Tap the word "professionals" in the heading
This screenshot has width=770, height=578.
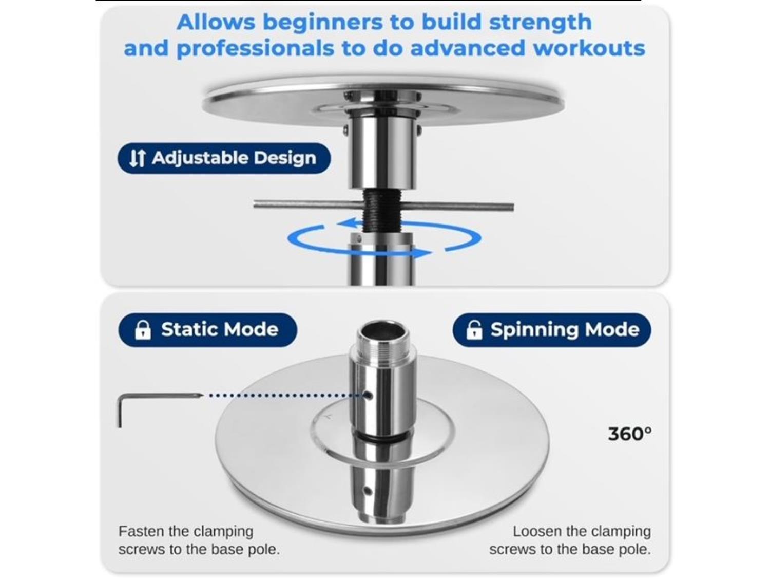pyautogui.click(x=255, y=48)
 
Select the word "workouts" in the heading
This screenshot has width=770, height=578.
pyautogui.click(x=589, y=48)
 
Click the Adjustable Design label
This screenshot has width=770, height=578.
pyautogui.click(x=224, y=158)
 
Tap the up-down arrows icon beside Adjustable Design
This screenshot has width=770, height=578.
pyautogui.click(x=137, y=158)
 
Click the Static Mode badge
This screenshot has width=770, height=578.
pyautogui.click(x=208, y=330)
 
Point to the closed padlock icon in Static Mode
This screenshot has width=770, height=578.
pyautogui.click(x=143, y=330)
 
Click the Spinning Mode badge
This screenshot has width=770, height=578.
pyautogui.click(x=551, y=330)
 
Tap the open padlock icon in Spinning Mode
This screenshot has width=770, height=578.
pyautogui.click(x=474, y=330)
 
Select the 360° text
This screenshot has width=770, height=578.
pyautogui.click(x=630, y=434)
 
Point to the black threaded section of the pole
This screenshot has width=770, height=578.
pyautogui.click(x=381, y=210)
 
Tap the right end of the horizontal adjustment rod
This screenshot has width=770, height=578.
pyautogui.click(x=512, y=207)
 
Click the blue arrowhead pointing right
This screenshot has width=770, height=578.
pyautogui.click(x=422, y=253)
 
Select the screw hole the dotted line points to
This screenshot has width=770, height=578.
pyautogui.click(x=368, y=396)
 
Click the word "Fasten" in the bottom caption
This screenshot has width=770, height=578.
pyautogui.click(x=141, y=531)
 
